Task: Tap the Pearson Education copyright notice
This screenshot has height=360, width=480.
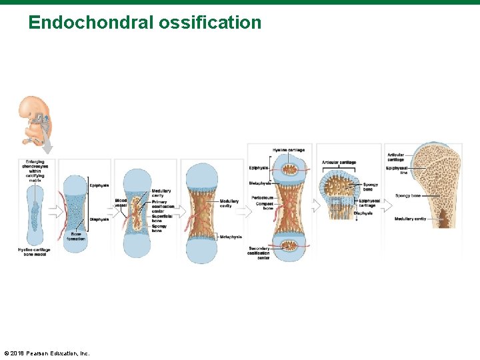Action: (x=47, y=353)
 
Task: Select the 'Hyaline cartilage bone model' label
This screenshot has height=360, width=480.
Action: (x=33, y=251)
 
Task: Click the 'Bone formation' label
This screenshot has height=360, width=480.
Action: (x=77, y=236)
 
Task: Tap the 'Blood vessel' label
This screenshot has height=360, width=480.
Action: (x=121, y=203)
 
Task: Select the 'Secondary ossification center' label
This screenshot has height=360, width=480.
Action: (x=258, y=253)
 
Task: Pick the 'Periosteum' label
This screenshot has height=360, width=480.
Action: (x=262, y=197)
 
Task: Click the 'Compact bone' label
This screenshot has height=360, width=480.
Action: (x=264, y=206)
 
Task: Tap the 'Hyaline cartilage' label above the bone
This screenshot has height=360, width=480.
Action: (x=289, y=150)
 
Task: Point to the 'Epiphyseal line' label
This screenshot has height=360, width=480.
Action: (x=398, y=170)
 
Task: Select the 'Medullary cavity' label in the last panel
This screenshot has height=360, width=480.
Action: (x=410, y=219)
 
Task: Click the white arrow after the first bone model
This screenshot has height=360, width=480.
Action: (x=55, y=212)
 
